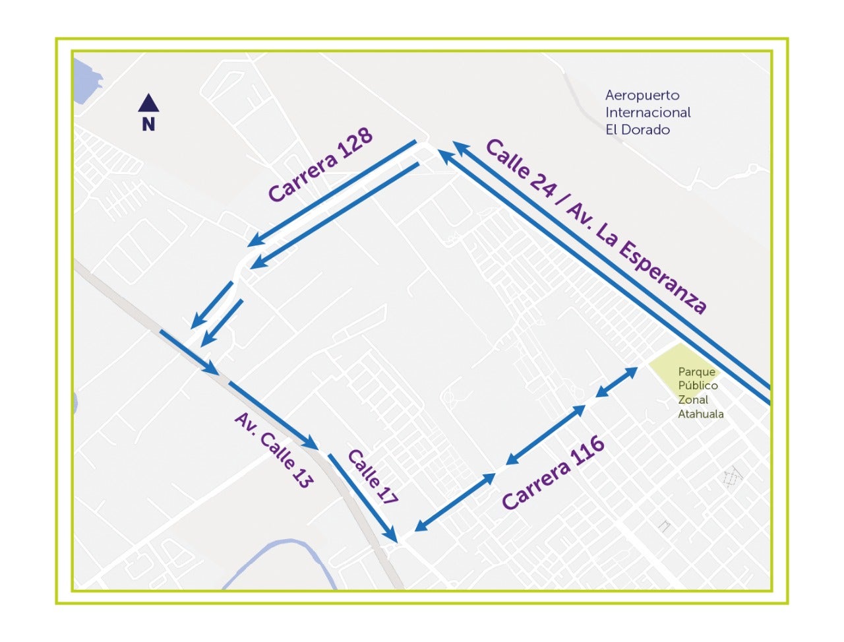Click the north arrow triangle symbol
tap(148, 103)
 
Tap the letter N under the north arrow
tap(148, 123)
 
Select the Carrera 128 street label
tap(320, 165)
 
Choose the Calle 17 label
tap(373, 477)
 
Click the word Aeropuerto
tap(642, 96)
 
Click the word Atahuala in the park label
tap(700, 414)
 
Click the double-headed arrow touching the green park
tap(616, 383)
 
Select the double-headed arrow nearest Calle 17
tap(455, 502)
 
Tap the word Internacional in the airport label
tap(648, 113)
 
